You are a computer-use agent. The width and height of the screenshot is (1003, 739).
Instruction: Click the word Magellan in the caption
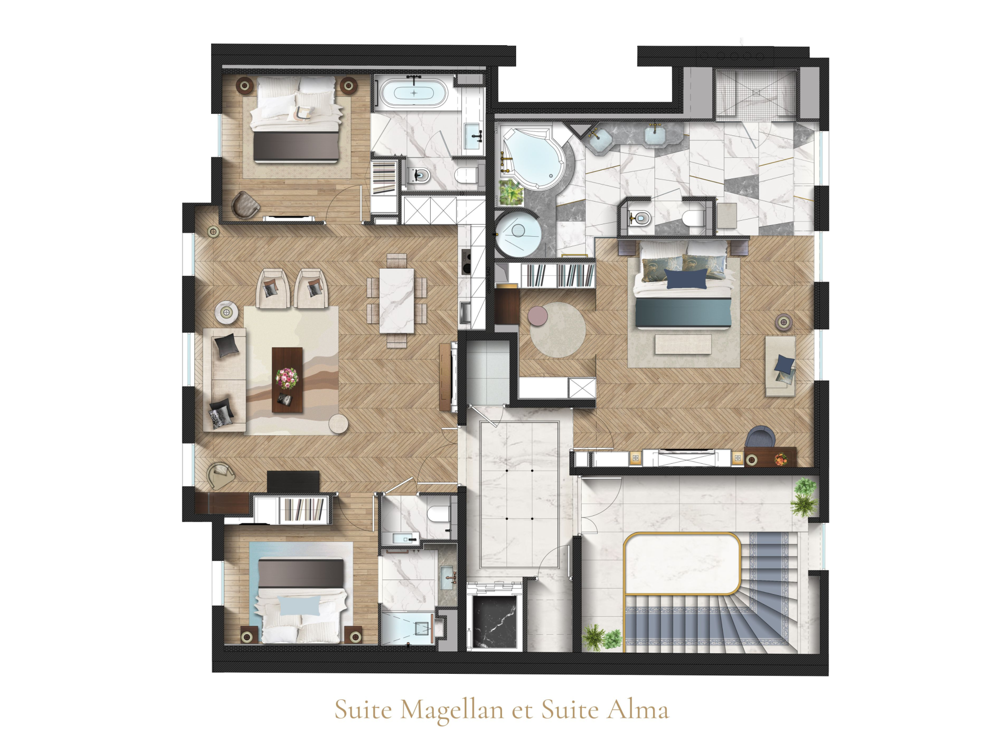452,710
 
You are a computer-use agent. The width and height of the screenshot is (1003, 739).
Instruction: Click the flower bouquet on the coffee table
287,378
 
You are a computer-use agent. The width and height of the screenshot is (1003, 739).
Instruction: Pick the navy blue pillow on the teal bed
686,279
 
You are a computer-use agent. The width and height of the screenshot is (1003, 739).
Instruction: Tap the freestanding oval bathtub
414,93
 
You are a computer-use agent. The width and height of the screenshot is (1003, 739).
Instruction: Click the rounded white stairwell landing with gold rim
682,564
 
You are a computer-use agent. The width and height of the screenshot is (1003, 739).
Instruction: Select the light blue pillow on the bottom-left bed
299,605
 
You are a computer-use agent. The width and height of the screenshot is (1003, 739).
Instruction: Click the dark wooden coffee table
287,380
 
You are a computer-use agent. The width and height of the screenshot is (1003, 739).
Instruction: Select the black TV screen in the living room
293,482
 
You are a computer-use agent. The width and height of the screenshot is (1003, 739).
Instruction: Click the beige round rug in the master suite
558,329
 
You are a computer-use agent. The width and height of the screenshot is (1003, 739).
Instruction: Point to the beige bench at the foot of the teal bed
683,344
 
